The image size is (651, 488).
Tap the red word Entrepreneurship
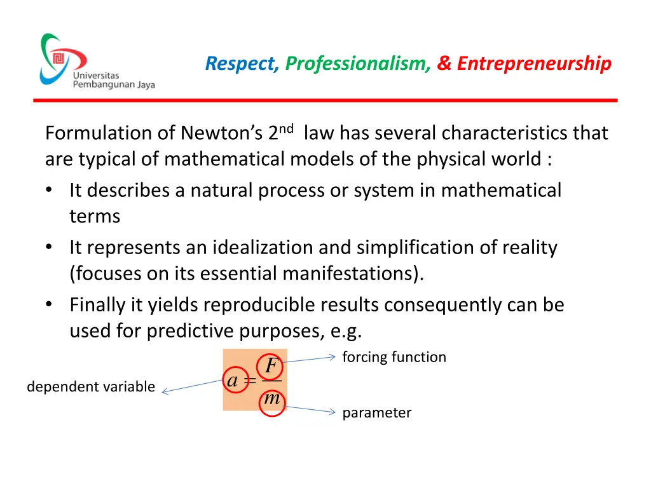[534, 64]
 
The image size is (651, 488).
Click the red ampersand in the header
[444, 64]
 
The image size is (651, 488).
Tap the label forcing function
[394, 357]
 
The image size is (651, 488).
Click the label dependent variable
[91, 386]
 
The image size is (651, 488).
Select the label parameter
[377, 413]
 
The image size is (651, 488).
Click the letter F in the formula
[271, 366]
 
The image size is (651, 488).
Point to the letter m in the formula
[271, 400]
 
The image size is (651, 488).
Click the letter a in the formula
[233, 381]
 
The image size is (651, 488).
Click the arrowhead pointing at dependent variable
[165, 392]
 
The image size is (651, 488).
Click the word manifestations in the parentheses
[352, 274]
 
